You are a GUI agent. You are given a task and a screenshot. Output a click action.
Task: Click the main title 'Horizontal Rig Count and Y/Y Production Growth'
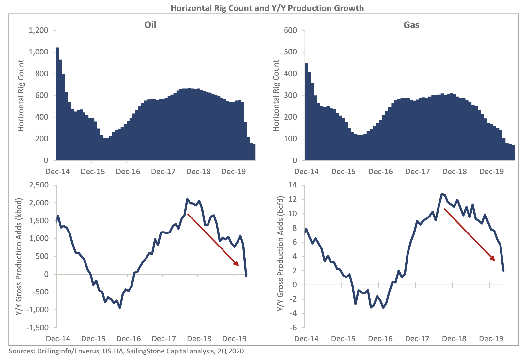(x=267, y=8)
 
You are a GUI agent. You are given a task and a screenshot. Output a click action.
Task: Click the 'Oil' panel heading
(x=150, y=25)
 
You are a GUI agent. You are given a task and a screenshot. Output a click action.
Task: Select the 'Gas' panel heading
(x=411, y=25)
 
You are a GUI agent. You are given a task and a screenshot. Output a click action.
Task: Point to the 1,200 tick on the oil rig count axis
(x=39, y=31)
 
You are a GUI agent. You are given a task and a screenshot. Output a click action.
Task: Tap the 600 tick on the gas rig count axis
(x=290, y=31)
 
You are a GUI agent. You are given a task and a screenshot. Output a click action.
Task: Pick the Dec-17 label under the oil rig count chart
(x=163, y=172)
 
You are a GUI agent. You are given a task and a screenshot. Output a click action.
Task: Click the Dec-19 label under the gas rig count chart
(x=492, y=172)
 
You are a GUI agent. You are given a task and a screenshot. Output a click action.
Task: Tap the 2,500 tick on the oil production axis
(x=39, y=185)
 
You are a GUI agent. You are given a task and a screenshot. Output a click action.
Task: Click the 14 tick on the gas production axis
(x=293, y=185)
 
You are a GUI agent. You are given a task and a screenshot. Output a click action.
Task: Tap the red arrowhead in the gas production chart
(x=492, y=258)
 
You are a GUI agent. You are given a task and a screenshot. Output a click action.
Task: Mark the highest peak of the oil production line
(x=187, y=199)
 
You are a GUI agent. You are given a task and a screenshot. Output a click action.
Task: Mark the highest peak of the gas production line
(x=442, y=194)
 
